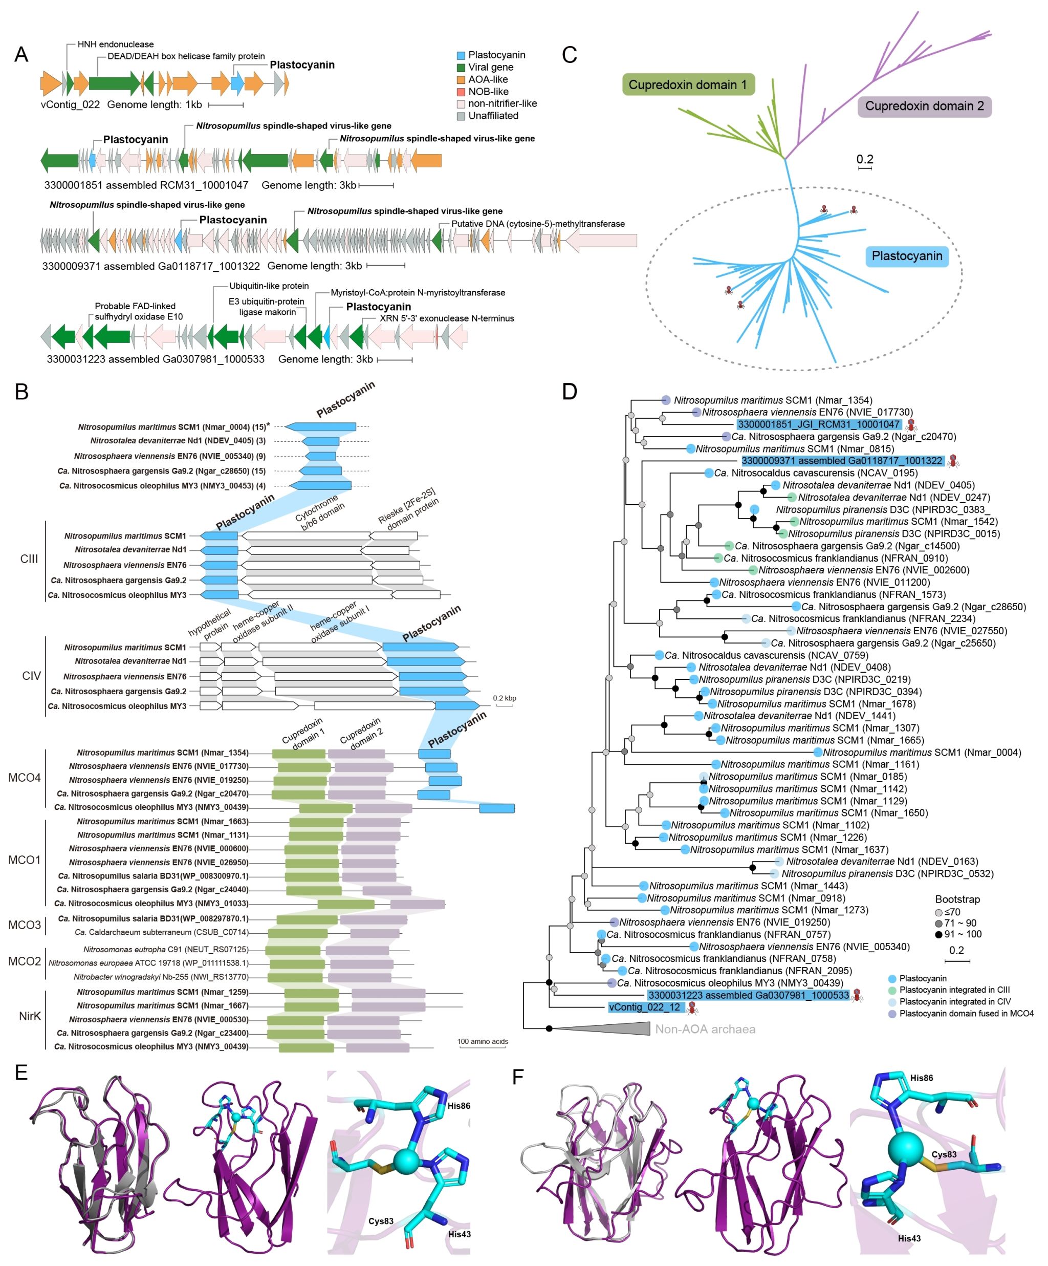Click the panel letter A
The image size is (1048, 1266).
pyautogui.click(x=21, y=55)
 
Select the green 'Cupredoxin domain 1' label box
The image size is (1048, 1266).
pyautogui.click(x=688, y=85)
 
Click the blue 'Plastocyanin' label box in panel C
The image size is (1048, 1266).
pyautogui.click(x=906, y=256)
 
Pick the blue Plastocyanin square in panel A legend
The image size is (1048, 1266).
pyautogui.click(x=461, y=55)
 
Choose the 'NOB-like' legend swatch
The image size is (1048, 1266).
pyautogui.click(x=461, y=92)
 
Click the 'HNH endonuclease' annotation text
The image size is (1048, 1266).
pyautogui.click(x=115, y=45)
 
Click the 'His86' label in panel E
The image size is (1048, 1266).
pyautogui.click(x=458, y=1106)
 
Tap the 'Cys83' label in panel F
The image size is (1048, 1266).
pyautogui.click(x=944, y=1154)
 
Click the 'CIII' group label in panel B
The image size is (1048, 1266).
pyautogui.click(x=29, y=559)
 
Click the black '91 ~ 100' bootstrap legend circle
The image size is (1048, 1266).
pyautogui.click(x=939, y=934)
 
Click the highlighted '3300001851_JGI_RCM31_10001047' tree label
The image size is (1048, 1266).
pyautogui.click(x=819, y=424)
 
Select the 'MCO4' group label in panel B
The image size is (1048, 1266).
pyautogui.click(x=25, y=778)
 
